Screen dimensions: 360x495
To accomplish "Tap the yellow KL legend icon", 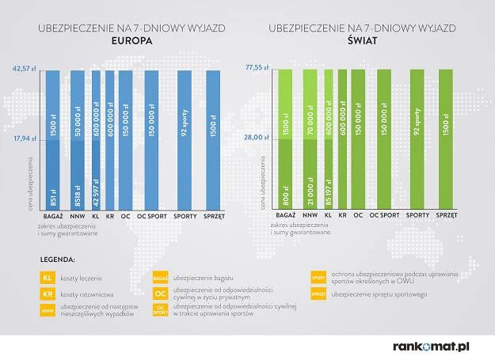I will click(47, 279).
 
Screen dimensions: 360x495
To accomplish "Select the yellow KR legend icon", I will click(47, 294).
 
